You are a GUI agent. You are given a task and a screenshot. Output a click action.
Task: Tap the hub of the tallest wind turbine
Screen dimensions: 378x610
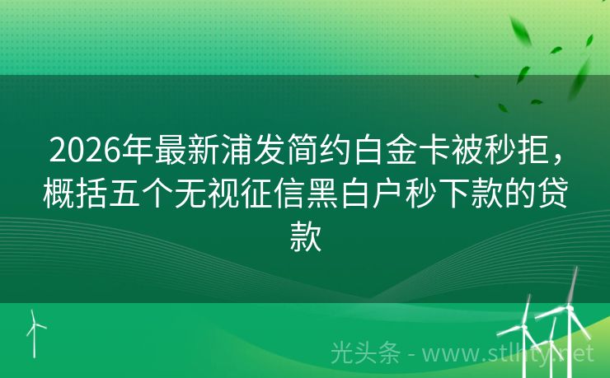[x=569, y=309]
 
